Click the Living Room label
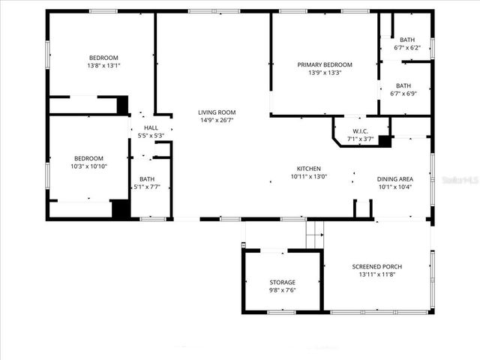217,112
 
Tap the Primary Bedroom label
325,64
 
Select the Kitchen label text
308,169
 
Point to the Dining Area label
394,178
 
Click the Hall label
151,128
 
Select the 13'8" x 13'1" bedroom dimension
103,65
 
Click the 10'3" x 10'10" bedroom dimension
88,166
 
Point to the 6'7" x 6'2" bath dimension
406,48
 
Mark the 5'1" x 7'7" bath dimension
146,187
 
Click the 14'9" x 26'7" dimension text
217,120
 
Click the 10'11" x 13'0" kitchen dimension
308,177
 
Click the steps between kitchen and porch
314,233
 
